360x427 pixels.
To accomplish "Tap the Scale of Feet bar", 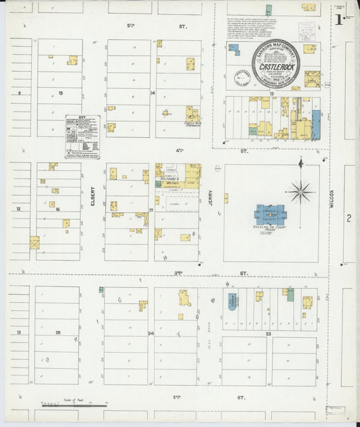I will pos(74,405).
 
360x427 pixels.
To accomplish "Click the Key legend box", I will pos(82,136).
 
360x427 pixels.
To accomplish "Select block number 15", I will pos(60,93).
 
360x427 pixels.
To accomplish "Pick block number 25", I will pos(59,333).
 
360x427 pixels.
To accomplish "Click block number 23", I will pos(268,334).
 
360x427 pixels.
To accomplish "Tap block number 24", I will pos(151,334).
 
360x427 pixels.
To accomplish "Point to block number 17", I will pos(152,210).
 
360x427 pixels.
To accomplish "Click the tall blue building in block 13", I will pos(316,125).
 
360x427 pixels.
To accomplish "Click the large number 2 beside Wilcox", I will pos(349,218).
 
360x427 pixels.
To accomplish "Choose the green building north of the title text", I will pos(268,9).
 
